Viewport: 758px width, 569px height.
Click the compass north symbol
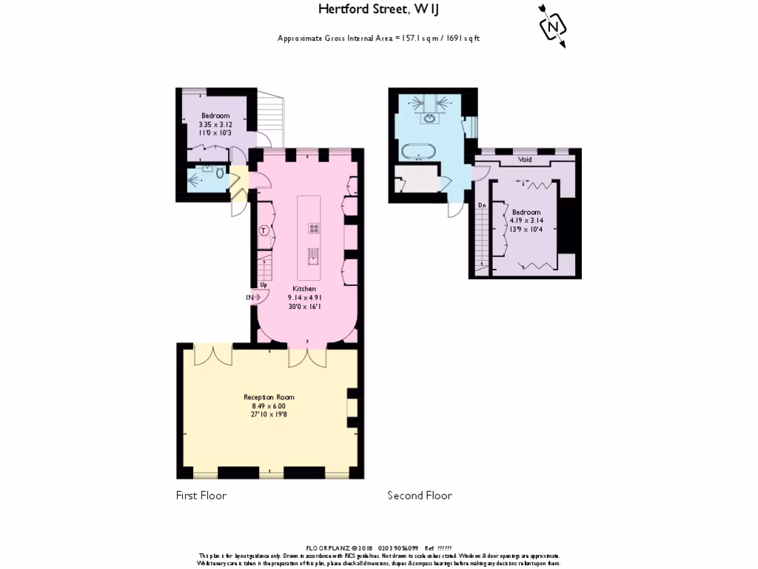click(x=552, y=27)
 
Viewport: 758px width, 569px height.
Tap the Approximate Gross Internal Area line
click(x=378, y=38)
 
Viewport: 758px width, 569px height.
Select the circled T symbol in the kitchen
click(x=264, y=230)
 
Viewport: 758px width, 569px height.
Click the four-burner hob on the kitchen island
click(x=313, y=229)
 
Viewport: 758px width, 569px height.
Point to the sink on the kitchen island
click(x=313, y=256)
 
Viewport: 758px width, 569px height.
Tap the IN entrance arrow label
click(x=250, y=298)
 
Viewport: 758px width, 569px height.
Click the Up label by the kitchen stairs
click(x=263, y=284)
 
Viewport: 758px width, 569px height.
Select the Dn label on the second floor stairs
click(x=481, y=205)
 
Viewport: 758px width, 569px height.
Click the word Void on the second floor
click(x=525, y=159)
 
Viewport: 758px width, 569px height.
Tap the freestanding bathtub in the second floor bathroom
click(x=420, y=152)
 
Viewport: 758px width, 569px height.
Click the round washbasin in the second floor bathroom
click(x=429, y=117)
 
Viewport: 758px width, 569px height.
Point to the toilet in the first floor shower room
click(x=219, y=172)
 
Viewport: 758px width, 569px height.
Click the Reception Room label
click(x=269, y=397)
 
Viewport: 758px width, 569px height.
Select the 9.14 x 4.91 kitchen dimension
click(x=304, y=298)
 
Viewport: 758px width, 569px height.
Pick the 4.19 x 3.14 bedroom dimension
click(x=526, y=221)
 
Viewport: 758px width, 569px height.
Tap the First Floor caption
click(x=201, y=496)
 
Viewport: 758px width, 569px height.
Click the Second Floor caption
click(x=420, y=496)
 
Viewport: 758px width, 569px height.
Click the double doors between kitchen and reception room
click(x=306, y=356)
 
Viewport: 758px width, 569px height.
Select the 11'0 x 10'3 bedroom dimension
click(x=215, y=133)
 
